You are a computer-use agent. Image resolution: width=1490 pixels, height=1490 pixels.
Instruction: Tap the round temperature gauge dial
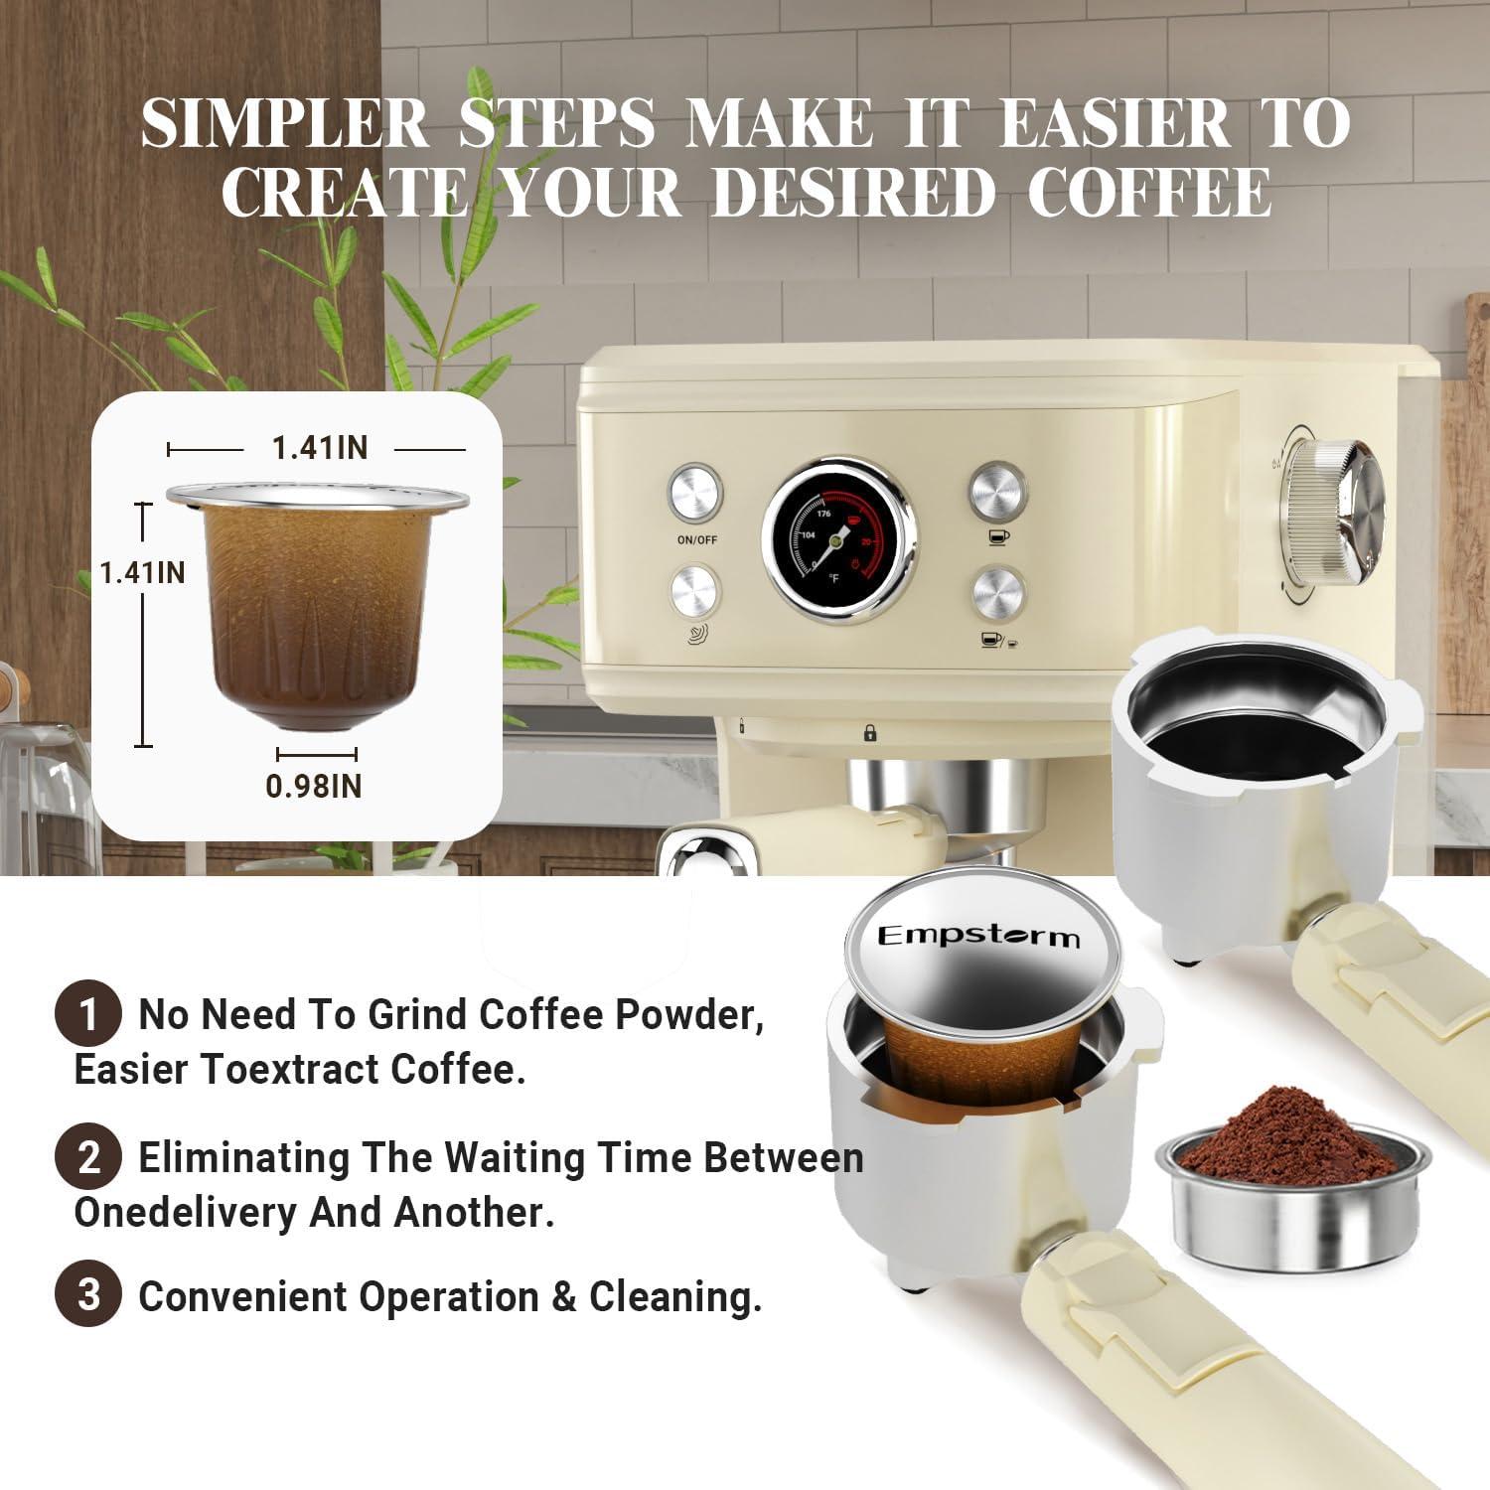(x=839, y=541)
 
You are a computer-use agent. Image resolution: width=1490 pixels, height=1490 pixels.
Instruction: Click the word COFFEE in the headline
(x=1149, y=193)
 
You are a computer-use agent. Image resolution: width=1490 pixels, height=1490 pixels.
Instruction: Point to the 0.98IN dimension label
(x=314, y=786)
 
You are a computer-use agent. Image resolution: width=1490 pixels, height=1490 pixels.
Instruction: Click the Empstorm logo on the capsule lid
(x=978, y=936)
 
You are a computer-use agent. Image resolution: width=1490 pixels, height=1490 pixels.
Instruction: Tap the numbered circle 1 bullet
(x=88, y=1014)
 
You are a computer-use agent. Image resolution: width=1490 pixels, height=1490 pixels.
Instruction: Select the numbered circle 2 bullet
(x=88, y=1157)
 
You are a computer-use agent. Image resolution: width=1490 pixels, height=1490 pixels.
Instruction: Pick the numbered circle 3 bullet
(x=88, y=1295)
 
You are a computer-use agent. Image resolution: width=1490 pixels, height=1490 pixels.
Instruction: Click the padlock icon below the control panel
(x=870, y=733)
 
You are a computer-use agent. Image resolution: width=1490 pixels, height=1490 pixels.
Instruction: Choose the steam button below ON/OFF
(x=695, y=593)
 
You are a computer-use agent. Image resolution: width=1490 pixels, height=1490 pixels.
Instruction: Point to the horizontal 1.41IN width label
(x=320, y=448)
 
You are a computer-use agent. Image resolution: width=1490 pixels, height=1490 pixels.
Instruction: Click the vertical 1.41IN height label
(x=142, y=572)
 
